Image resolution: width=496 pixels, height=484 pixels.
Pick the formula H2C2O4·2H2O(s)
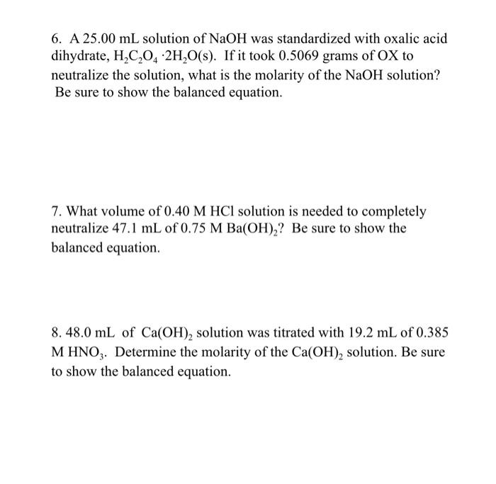pos(176,57)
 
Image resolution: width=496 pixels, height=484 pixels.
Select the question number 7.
pos(56,212)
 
